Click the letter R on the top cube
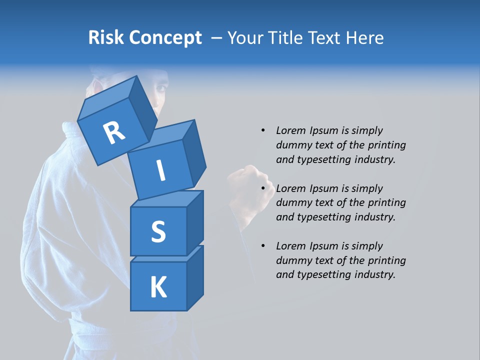[x=114, y=132]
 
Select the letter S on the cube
[x=158, y=231]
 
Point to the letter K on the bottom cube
[x=158, y=287]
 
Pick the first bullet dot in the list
[x=263, y=130]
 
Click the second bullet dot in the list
[x=263, y=188]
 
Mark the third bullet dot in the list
[x=263, y=246]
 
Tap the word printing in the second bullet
[x=386, y=202]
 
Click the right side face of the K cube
[x=195, y=277]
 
